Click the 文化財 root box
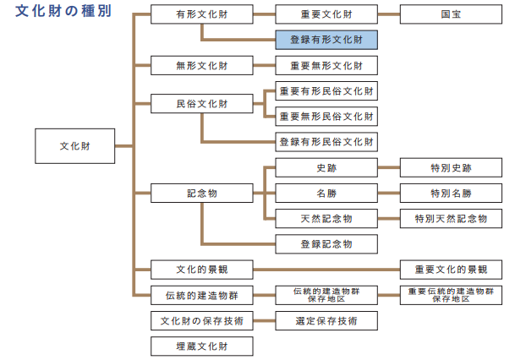coord(75,146)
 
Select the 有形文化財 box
coord(201,14)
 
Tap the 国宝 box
coord(450,14)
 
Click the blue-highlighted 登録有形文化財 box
coord(326,39)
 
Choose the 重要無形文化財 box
coord(326,65)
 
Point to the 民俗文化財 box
coord(201,104)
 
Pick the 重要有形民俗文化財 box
coord(326,90)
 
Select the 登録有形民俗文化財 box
coord(326,141)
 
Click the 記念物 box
coord(201,194)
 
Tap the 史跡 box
coord(326,168)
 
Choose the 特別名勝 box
coord(450,194)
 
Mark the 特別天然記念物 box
coord(450,219)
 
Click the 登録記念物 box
coord(326,244)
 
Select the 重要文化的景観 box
coord(450,270)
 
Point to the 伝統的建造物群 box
coord(201,295)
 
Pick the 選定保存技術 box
coord(326,320)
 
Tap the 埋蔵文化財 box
coord(201,346)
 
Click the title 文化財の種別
coord(63,14)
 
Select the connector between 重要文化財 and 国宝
coord(388,14)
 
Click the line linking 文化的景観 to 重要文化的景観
coord(326,270)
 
